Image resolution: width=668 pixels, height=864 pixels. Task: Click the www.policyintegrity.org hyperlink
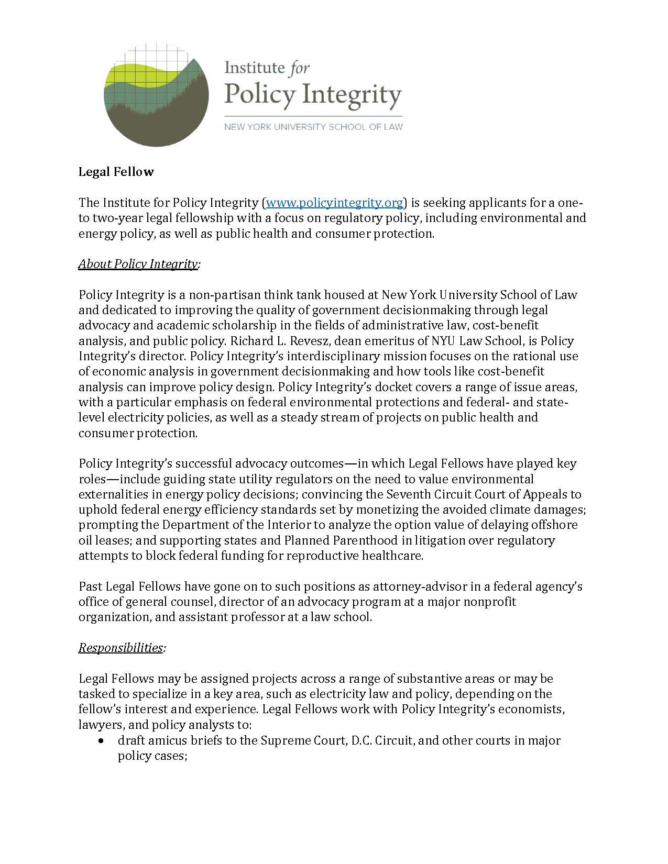(335, 203)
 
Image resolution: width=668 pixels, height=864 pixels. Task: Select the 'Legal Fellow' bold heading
(116, 172)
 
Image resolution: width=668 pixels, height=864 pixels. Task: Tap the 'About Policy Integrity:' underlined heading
(139, 264)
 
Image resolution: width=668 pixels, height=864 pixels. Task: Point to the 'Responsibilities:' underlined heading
(122, 648)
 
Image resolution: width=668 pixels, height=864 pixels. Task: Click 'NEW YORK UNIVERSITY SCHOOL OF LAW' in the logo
(313, 127)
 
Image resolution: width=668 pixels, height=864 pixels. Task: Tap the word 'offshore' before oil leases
(553, 525)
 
